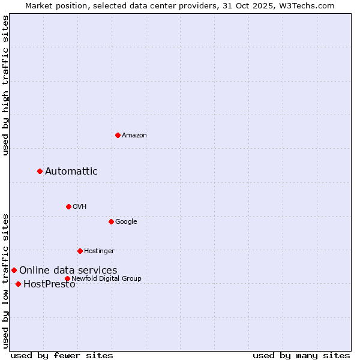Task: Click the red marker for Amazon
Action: (x=118, y=135)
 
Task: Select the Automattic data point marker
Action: (x=40, y=171)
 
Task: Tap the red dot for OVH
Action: (x=68, y=206)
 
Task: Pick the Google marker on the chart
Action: (x=111, y=221)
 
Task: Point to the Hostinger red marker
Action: (x=80, y=251)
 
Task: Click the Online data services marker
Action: (x=14, y=270)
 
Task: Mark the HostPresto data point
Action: (x=18, y=284)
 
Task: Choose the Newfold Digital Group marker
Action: (x=67, y=278)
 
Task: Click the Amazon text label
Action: (x=134, y=136)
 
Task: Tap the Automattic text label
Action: (x=71, y=172)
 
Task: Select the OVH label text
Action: (x=80, y=207)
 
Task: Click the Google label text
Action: (x=126, y=222)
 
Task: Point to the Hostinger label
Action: (x=99, y=251)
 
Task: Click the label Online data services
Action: (x=68, y=271)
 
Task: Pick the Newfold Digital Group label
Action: (x=107, y=279)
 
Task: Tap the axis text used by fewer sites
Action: (x=62, y=355)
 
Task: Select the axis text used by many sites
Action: (x=301, y=355)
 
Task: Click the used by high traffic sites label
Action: (x=6, y=86)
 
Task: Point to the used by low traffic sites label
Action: (x=6, y=280)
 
